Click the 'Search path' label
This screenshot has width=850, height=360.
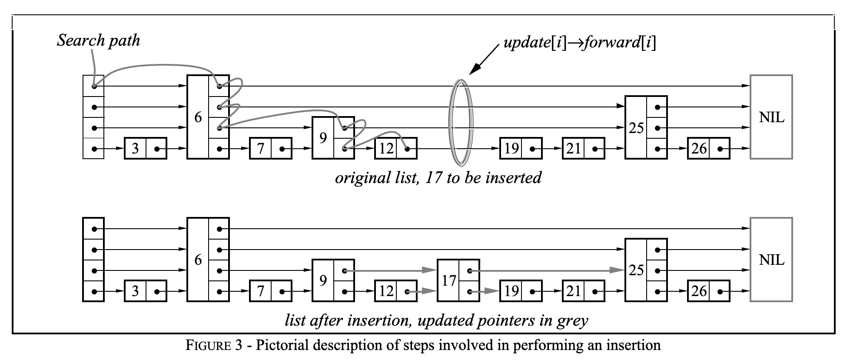(99, 40)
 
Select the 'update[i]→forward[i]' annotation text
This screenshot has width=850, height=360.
(579, 43)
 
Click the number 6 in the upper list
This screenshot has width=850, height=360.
(198, 117)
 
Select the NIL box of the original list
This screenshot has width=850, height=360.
(771, 117)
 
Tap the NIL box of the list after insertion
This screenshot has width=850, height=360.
(771, 260)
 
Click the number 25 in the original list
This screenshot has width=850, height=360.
(636, 128)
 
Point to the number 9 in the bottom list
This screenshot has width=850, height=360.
(323, 280)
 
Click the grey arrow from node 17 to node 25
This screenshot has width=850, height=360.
(548, 270)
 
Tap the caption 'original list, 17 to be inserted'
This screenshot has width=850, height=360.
(438, 178)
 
